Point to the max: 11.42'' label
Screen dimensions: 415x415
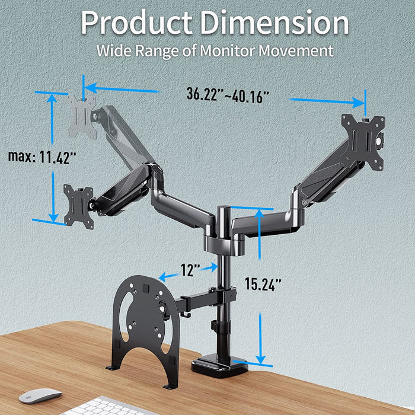pyautogui.click(x=42, y=157)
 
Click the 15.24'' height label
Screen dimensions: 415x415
pyautogui.click(x=263, y=284)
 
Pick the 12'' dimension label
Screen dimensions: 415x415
pyautogui.click(x=189, y=271)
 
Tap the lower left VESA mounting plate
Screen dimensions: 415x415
pyautogui.click(x=79, y=205)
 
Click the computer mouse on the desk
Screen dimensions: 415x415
pyautogui.click(x=40, y=395)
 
